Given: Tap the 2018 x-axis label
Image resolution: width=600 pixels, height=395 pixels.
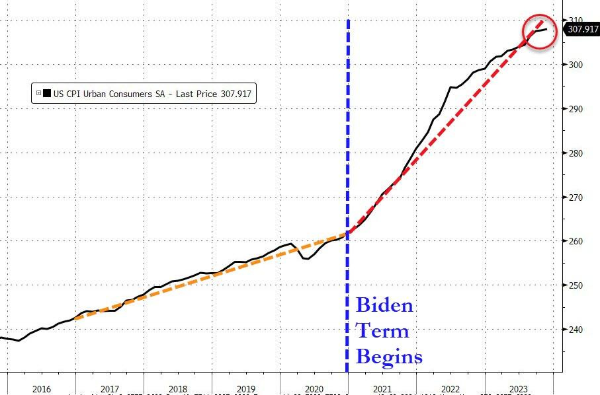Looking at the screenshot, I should click(177, 390).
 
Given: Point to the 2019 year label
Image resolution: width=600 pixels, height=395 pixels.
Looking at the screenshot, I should click(245, 390).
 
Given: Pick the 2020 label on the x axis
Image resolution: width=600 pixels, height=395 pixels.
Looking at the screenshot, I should click(314, 390).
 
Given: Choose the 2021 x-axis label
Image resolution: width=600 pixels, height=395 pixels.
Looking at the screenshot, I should click(382, 390).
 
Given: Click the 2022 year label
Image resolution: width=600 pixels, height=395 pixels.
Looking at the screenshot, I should click(450, 390).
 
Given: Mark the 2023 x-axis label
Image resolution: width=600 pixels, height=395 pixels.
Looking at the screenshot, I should click(518, 390).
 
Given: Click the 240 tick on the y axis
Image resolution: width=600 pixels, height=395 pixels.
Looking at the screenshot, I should click(578, 330).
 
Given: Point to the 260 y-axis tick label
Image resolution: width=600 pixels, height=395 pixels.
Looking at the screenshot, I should click(578, 241).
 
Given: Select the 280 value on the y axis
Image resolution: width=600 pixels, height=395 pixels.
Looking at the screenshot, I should click(578, 153).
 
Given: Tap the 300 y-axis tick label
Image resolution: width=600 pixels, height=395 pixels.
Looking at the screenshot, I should click(578, 65).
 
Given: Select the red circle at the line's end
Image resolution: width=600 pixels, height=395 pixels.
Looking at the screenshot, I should click(540, 30).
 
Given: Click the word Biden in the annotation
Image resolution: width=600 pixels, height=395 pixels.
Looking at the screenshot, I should click(384, 306).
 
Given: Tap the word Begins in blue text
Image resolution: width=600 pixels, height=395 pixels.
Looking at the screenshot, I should click(389, 357).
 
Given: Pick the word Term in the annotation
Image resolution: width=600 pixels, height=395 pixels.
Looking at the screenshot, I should click(382, 331).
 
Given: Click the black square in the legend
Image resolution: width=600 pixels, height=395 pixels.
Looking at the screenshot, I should click(47, 94).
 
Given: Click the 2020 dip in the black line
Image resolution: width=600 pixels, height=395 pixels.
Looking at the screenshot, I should click(306, 258).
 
